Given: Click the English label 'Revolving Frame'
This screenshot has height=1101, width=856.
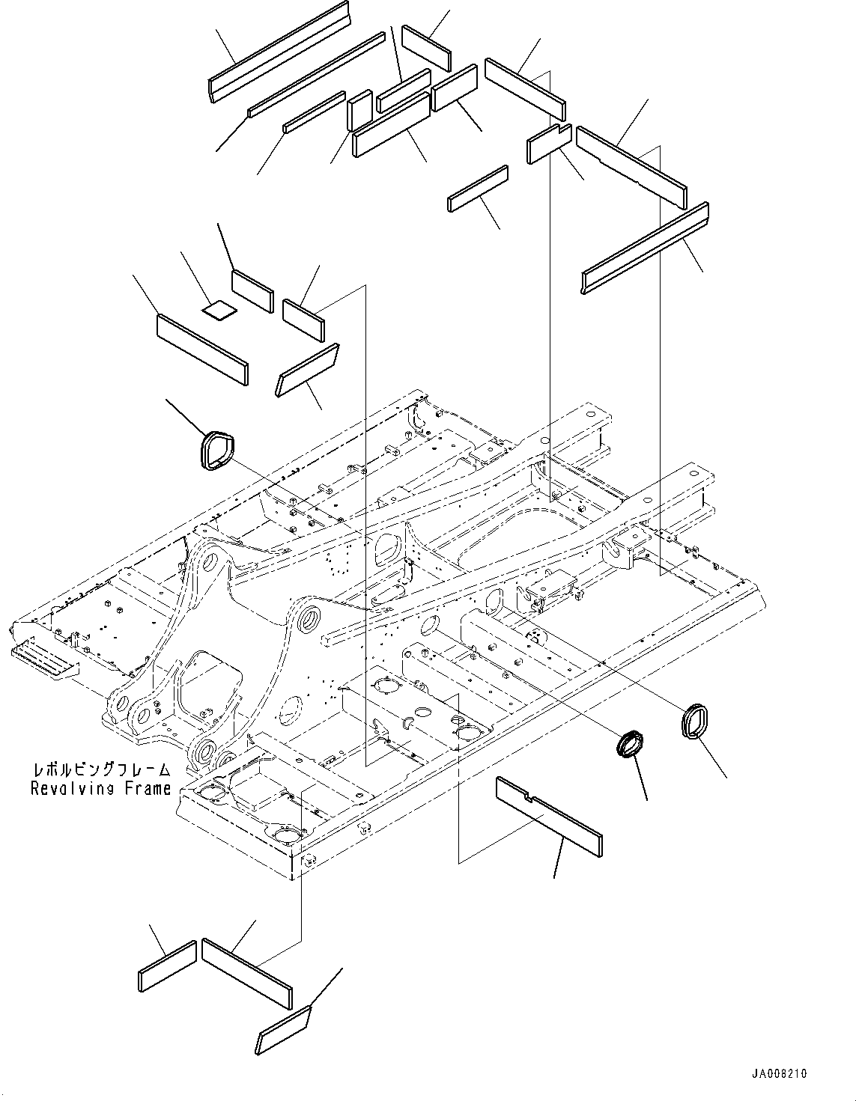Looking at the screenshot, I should [100, 788].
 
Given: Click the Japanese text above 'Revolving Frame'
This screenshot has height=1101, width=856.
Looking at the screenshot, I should [100, 770].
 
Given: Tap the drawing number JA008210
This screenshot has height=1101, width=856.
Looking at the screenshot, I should [781, 1073].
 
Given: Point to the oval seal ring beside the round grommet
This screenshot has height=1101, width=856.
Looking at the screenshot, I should [696, 722].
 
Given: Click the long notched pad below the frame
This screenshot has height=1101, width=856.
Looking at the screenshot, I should [549, 817].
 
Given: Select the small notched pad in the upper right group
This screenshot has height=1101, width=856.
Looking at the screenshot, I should [549, 144].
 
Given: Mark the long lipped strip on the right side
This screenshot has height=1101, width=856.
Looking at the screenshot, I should [646, 248].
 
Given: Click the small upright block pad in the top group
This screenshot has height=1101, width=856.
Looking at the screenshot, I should [360, 111].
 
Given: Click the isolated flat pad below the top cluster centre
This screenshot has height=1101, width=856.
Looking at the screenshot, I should [479, 189].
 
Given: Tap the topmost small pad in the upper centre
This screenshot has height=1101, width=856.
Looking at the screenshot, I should [426, 49].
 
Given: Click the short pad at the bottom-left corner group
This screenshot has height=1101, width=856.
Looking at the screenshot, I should [167, 966].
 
